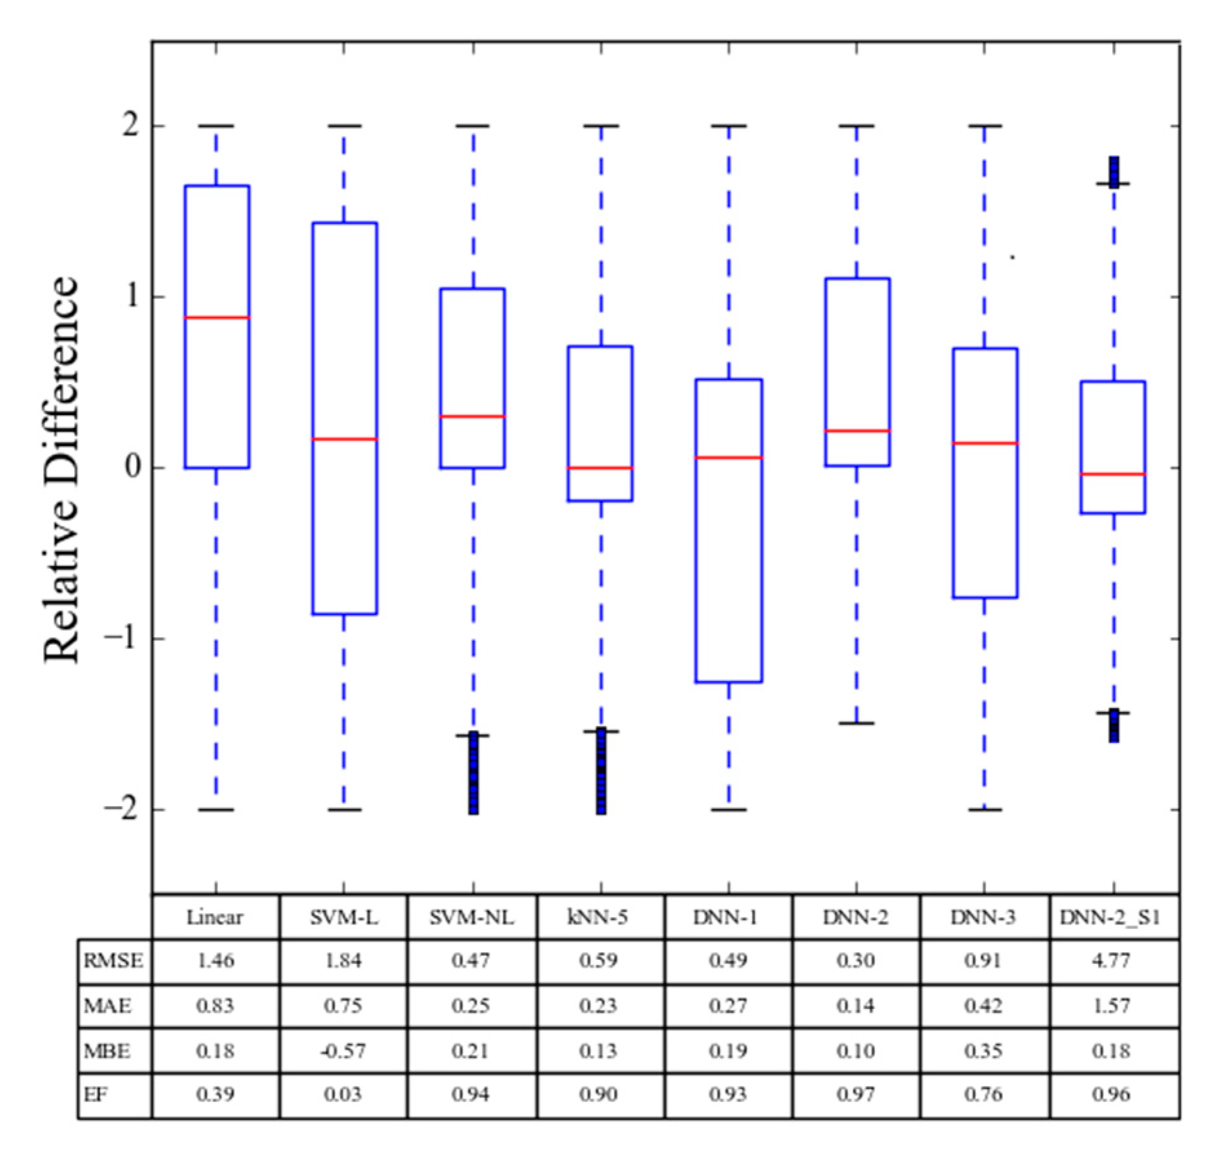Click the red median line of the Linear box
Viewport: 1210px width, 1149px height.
[x=217, y=318]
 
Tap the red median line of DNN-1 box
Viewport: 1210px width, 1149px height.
[x=729, y=458]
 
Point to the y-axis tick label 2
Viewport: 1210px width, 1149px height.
[x=131, y=125]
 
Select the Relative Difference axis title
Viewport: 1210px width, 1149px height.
[x=61, y=469]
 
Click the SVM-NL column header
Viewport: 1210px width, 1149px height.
[x=472, y=917]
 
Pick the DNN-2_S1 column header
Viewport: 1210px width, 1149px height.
[x=1111, y=917]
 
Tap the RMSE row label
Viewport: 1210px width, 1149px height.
[x=114, y=961]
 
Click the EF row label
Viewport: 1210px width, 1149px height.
[x=96, y=1095]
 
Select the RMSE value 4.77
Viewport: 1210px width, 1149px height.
[x=1111, y=961]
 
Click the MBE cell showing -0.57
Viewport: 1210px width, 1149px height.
[x=343, y=1051]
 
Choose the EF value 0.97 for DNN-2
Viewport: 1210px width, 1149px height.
[x=856, y=1095]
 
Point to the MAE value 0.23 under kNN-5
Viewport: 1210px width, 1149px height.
[x=598, y=1006]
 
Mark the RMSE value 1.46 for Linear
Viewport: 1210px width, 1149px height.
[x=216, y=961]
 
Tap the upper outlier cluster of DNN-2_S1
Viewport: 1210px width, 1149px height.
[x=1114, y=172]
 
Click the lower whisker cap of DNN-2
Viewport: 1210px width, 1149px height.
[x=856, y=723]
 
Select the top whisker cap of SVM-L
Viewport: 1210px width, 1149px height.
[x=344, y=126]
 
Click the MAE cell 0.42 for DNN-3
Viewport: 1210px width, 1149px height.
[x=983, y=1006]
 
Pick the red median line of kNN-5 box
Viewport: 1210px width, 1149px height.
[x=600, y=467]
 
